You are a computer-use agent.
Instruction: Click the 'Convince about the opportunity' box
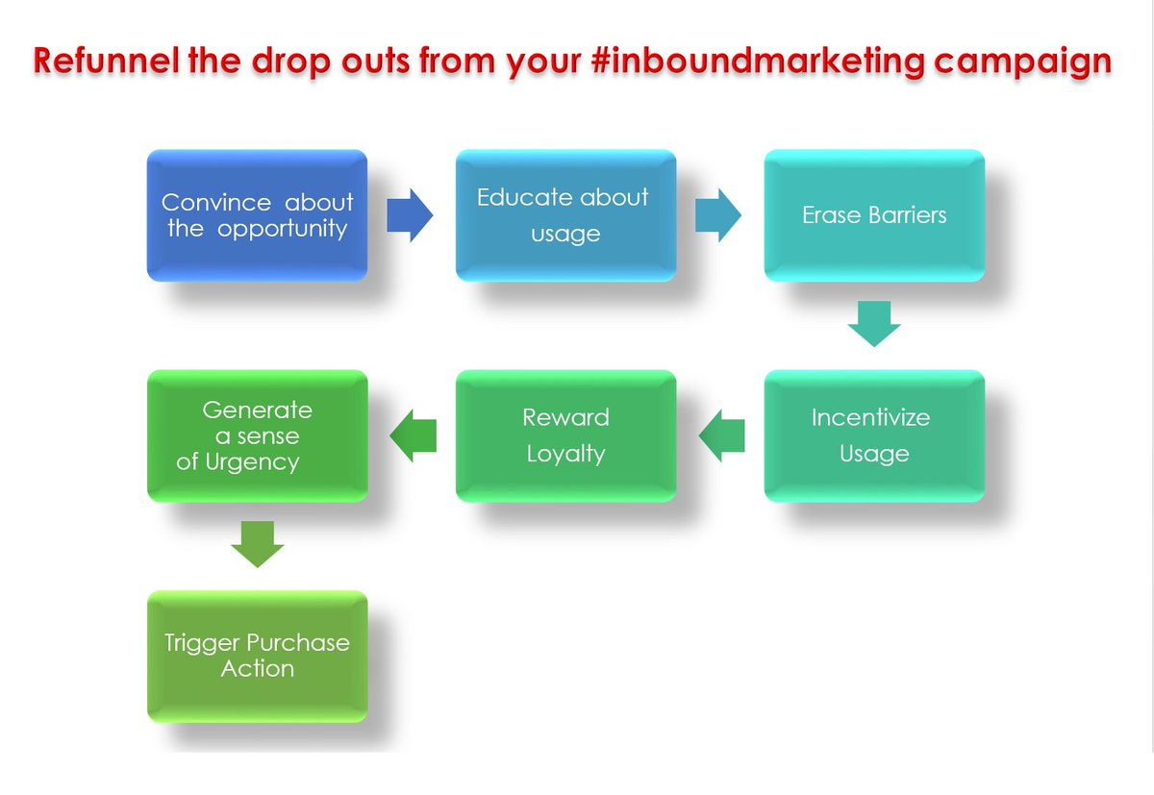coord(257,215)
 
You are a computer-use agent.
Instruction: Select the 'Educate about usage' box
coord(565,215)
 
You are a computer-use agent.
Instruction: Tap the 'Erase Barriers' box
coord(874,215)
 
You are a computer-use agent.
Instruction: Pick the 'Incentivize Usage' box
coord(874,435)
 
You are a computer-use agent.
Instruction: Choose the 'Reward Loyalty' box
coord(565,435)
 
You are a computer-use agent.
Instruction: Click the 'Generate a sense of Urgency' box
coord(257,435)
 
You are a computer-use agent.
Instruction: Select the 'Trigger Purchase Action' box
coord(257,656)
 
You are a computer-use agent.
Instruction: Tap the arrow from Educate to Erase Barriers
coord(718,215)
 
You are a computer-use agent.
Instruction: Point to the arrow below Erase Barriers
coord(874,324)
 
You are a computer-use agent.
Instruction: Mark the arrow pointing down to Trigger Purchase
coord(258,544)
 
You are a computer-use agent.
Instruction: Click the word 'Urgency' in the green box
coord(253,462)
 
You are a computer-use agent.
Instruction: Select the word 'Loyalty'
coord(565,454)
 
